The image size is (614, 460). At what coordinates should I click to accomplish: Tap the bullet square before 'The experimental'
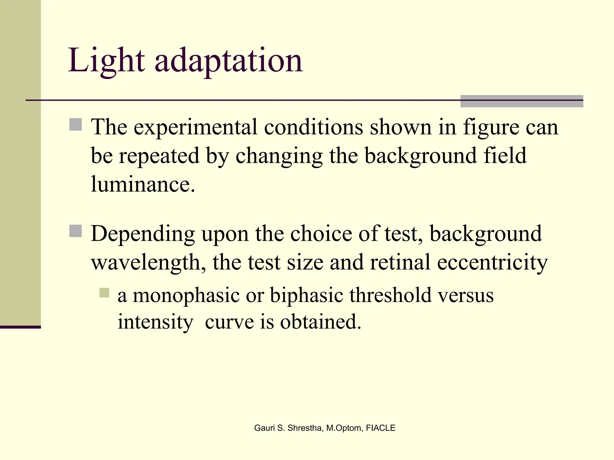[x=76, y=125]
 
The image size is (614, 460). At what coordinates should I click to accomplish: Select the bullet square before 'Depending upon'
[x=76, y=231]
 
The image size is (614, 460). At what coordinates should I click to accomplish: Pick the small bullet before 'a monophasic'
[x=104, y=293]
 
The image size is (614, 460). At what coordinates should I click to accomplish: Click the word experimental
[x=195, y=128]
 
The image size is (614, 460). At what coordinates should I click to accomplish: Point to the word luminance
[x=143, y=184]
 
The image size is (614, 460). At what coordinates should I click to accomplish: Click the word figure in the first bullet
[x=491, y=128]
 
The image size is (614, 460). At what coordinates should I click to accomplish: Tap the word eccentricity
[x=492, y=262]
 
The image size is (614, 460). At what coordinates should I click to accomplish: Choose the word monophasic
[x=186, y=296]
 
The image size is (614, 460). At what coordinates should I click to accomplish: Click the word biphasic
[x=306, y=296]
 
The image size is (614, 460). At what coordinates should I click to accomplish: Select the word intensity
[x=155, y=322]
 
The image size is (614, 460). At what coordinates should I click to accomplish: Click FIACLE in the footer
[x=380, y=428]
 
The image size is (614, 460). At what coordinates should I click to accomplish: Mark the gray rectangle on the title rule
[x=522, y=101]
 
